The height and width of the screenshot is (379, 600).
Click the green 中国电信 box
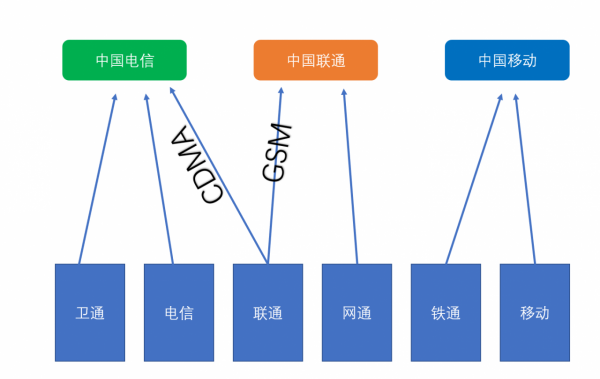pyautogui.click(x=124, y=60)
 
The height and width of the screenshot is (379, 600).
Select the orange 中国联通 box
pyautogui.click(x=315, y=60)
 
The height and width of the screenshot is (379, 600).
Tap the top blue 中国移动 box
pyautogui.click(x=506, y=60)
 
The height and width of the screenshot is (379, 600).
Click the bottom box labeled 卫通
pyautogui.click(x=90, y=313)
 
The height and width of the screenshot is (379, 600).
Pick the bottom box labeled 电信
pyautogui.click(x=179, y=313)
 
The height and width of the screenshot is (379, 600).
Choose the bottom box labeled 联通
pyautogui.click(x=268, y=313)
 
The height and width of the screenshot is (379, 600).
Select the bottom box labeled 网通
pyautogui.click(x=357, y=313)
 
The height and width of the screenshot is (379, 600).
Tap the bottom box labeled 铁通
pyautogui.click(x=446, y=313)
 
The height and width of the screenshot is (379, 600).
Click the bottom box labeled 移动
pyautogui.click(x=535, y=313)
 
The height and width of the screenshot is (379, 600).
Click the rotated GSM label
pyautogui.click(x=276, y=152)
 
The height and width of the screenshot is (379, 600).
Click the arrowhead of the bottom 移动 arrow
pyautogui.click(x=516, y=96)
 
